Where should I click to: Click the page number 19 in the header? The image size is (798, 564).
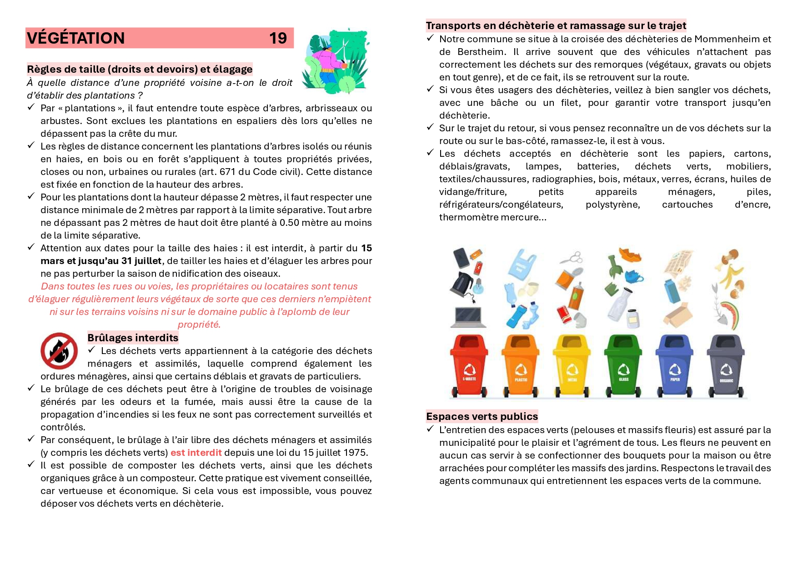point(278,38)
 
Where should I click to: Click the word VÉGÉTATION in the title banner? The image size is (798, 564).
point(76,38)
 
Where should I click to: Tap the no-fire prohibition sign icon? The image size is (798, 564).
point(59,351)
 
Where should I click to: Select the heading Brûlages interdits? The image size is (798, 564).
point(133,338)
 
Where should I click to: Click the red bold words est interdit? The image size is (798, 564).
point(196,453)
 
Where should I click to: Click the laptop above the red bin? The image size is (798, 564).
point(468,317)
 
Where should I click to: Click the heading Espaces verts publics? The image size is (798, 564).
point(482,416)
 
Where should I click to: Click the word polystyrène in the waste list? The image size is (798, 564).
point(612,205)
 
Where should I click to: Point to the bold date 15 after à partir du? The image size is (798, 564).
point(366,248)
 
